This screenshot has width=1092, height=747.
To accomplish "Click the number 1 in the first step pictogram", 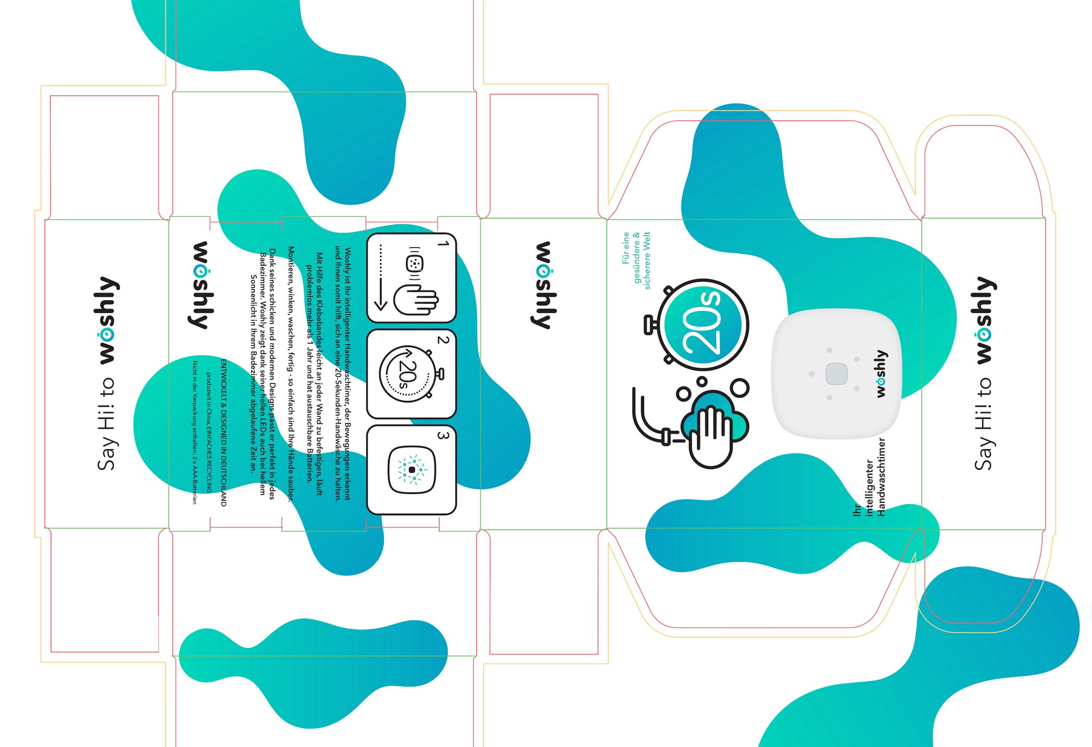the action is pyautogui.click(x=443, y=244).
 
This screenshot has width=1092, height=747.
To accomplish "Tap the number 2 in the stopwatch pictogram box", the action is pyautogui.click(x=443, y=340).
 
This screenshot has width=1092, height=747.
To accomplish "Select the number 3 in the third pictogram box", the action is pyautogui.click(x=443, y=435).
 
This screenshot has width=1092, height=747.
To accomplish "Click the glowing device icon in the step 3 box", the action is pyautogui.click(x=412, y=469).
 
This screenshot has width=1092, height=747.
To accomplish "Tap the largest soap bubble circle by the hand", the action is pyautogui.click(x=740, y=388).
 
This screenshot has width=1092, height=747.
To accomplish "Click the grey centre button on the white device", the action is pyautogui.click(x=836, y=374).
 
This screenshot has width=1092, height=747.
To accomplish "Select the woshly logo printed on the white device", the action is pyautogui.click(x=882, y=374).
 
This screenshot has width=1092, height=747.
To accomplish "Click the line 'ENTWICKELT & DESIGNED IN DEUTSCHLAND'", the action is pyautogui.click(x=224, y=432).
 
